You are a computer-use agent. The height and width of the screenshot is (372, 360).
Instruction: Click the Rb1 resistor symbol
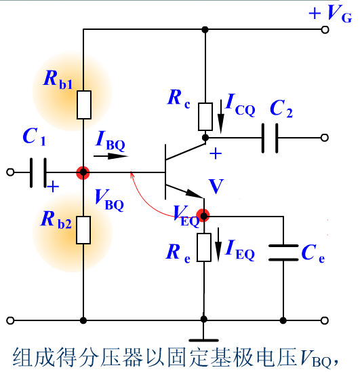coord(84,105)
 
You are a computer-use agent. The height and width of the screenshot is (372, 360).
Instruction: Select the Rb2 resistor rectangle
coord(83,230)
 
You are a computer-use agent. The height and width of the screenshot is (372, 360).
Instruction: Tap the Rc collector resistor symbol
coord(205,117)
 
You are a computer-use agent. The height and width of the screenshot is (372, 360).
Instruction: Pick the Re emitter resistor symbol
coord(204,248)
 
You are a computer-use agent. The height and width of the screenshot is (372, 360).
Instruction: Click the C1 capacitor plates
coord(38,172)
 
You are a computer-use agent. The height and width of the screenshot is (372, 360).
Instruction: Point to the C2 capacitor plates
coord(270,138)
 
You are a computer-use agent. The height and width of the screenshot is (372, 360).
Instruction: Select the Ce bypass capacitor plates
coord(283,253)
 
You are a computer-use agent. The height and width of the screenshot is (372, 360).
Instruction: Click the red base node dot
coord(83,172)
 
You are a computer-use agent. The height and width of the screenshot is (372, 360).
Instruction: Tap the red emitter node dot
coord(203,215)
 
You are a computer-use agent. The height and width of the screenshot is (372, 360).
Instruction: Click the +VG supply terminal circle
coord(325,30)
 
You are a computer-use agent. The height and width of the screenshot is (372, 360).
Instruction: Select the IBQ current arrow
coord(111,156)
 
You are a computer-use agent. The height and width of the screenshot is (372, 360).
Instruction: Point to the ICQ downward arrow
coord(221,117)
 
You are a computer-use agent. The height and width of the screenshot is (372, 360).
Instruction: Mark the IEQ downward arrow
coord(218,244)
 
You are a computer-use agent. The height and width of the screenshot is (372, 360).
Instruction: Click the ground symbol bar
coord(204,341)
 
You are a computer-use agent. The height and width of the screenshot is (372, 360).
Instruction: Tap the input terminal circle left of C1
coord(10,172)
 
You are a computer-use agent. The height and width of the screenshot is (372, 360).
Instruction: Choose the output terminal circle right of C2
coord(325,138)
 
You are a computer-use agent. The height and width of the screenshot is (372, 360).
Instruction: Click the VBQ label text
coord(109,200)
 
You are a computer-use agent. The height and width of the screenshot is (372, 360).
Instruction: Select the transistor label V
coord(216,187)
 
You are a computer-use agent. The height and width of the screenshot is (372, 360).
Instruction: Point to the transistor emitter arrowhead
coord(195,193)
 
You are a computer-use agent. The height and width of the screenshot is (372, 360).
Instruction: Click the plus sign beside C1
coord(53,187)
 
